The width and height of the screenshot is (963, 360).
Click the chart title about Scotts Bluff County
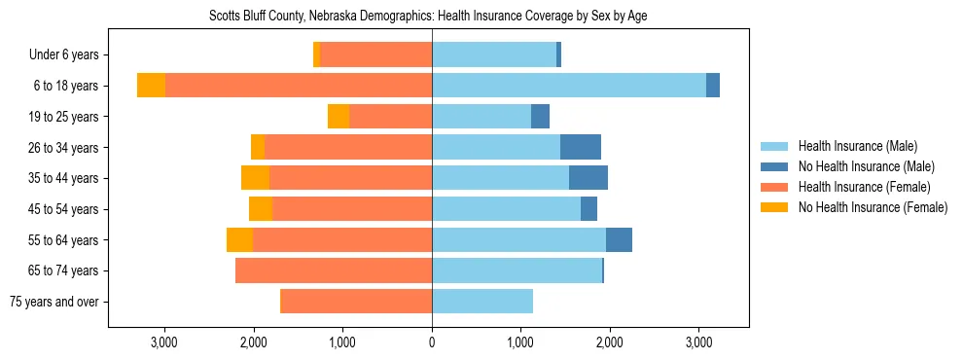pos(428,17)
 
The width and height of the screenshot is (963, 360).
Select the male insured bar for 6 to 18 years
pos(569,86)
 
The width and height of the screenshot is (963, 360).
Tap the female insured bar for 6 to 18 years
pos(299,86)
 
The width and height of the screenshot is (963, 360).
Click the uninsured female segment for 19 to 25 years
pos(339,117)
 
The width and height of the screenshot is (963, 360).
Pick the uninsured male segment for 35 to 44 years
pos(588,178)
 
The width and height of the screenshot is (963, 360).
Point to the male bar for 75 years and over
pos(482,302)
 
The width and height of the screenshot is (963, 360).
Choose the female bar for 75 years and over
pos(356,302)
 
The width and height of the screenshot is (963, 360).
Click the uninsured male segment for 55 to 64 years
pos(619,240)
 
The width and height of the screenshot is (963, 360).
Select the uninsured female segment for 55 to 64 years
pos(239,240)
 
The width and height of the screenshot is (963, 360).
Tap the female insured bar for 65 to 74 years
pos(334,270)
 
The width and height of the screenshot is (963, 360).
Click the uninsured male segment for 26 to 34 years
pos(581,147)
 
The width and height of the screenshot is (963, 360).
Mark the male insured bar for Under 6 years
pos(494,54)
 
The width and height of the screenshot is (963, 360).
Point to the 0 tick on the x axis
pos(432,342)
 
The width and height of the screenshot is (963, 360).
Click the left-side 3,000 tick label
pos(164,342)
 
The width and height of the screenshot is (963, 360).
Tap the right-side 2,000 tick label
pos(610,342)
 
